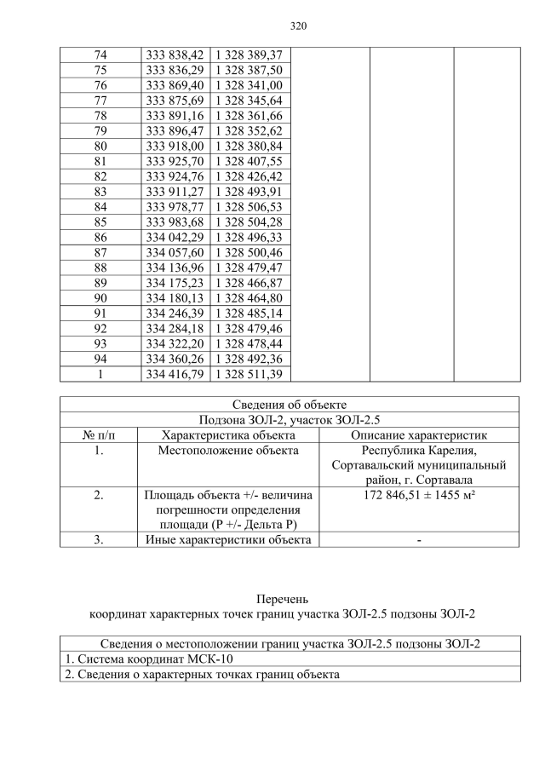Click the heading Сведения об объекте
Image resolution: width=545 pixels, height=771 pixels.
[289, 404]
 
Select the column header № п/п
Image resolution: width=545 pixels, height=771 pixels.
[99, 434]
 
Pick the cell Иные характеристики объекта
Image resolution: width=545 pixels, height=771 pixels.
[227, 539]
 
